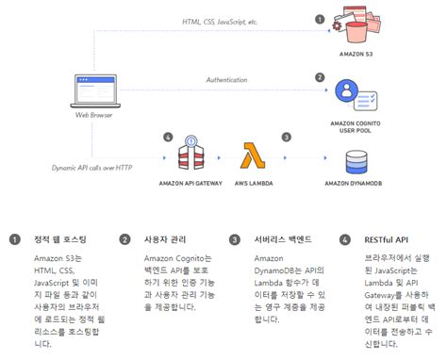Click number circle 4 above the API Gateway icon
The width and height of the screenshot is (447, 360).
[167, 138]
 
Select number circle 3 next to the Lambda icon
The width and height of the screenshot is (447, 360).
[286, 138]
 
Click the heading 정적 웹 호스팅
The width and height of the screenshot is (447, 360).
[58, 239]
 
